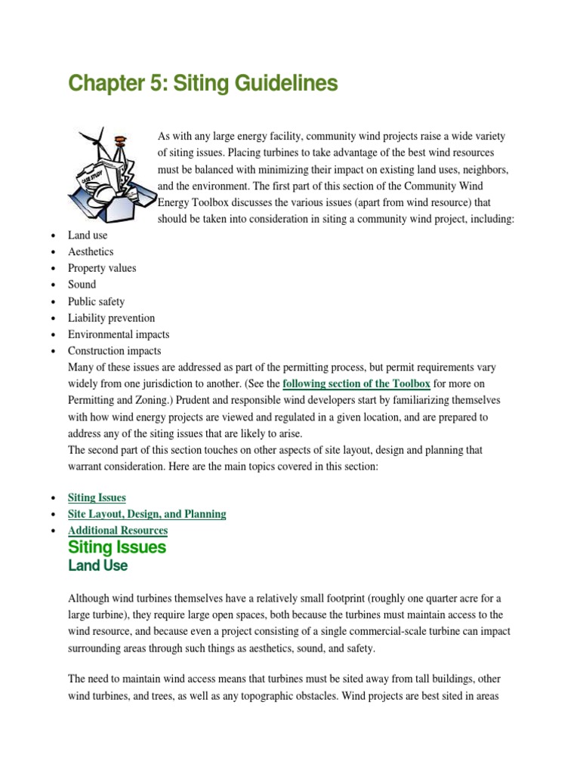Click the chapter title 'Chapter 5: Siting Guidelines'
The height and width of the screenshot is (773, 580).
coord(202,84)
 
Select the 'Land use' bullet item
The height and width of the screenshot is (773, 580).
coord(88,235)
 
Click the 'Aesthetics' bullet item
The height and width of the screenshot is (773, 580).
coord(91,251)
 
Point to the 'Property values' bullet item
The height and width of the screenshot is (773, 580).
coord(102,268)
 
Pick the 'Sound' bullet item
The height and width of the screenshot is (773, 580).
coord(82,285)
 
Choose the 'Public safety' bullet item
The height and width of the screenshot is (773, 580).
coord(96,301)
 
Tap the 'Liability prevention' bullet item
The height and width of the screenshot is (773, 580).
coord(111,318)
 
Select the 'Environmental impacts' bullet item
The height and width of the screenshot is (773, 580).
coord(119,334)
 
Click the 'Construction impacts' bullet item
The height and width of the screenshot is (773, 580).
coord(114,351)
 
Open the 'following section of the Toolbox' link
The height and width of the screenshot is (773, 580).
coord(356,383)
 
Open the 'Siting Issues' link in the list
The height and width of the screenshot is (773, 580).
coord(97,497)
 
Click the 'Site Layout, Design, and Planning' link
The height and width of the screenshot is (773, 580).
coord(147,514)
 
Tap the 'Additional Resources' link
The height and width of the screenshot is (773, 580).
coord(118,531)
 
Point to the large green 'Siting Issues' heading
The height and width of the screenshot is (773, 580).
coord(117,547)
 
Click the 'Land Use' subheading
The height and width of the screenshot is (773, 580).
coord(97,565)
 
